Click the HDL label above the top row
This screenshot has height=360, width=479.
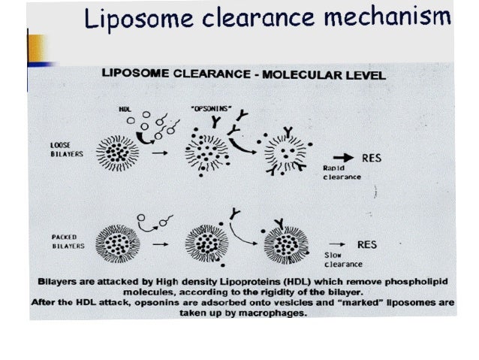coord(125,108)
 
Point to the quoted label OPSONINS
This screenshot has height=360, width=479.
coord(211,108)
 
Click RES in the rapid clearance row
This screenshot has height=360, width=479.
coord(373,159)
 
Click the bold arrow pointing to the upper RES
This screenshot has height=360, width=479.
coord(342,159)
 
